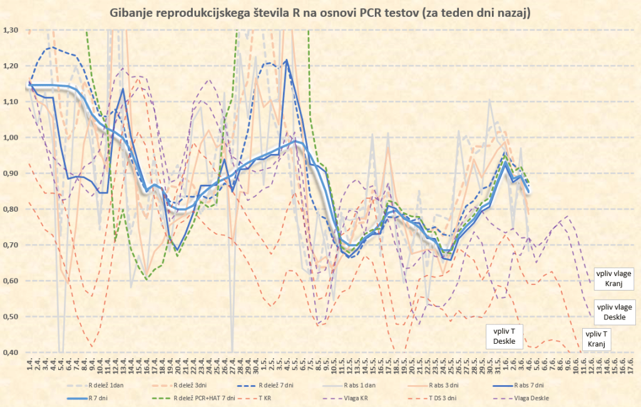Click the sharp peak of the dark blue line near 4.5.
286,60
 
